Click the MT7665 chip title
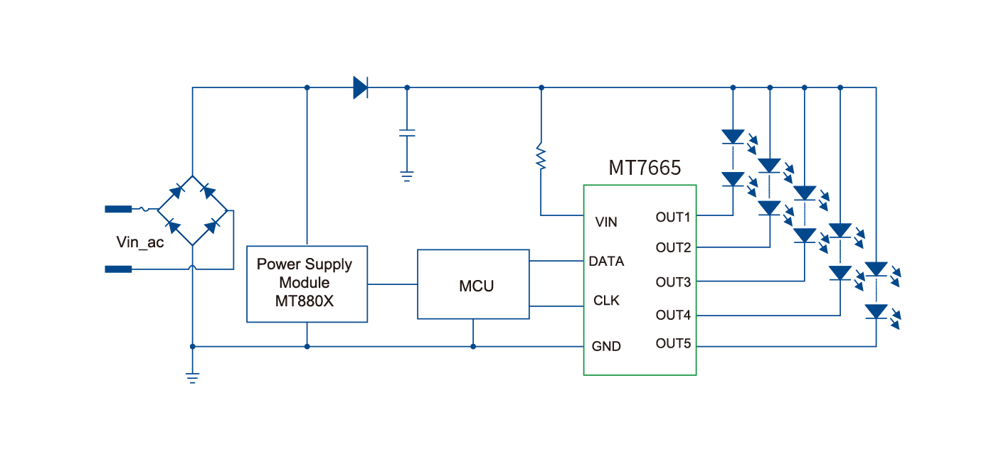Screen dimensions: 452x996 645,168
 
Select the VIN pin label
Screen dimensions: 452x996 606,222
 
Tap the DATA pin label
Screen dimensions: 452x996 606,261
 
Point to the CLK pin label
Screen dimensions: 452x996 606,301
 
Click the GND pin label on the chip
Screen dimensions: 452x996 606,346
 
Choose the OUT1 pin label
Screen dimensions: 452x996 673,217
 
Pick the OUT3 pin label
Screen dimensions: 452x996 673,282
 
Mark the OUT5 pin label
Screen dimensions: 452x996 673,344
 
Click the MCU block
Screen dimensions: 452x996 473,284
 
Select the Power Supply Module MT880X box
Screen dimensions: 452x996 307,284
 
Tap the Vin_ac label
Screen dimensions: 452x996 140,242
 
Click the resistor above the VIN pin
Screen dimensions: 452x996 541,158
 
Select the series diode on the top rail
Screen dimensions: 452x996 361,88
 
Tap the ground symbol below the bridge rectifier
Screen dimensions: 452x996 192,378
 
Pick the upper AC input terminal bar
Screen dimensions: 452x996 118,209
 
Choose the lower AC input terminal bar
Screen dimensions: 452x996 118,269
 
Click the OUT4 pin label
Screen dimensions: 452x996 673,314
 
